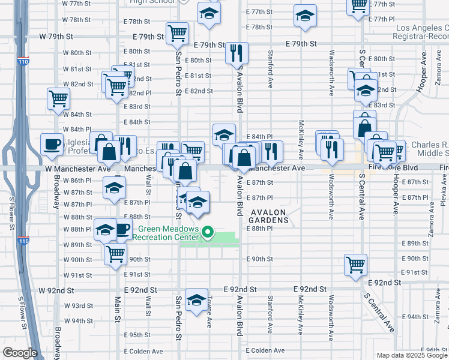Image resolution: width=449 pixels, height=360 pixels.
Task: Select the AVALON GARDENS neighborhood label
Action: [x=270, y=216]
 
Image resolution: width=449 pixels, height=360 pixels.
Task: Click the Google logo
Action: [x=20, y=353]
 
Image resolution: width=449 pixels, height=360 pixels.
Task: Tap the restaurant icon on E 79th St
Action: [x=237, y=53]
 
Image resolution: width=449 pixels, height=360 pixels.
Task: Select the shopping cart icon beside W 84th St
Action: [x=58, y=98]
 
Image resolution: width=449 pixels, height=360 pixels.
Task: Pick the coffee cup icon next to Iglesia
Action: [x=52, y=143]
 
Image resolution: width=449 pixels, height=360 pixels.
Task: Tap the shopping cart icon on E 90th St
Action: [x=355, y=263]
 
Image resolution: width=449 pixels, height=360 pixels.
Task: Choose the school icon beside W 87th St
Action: [x=114, y=188]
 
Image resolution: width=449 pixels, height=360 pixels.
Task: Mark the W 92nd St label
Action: [x=56, y=290]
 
